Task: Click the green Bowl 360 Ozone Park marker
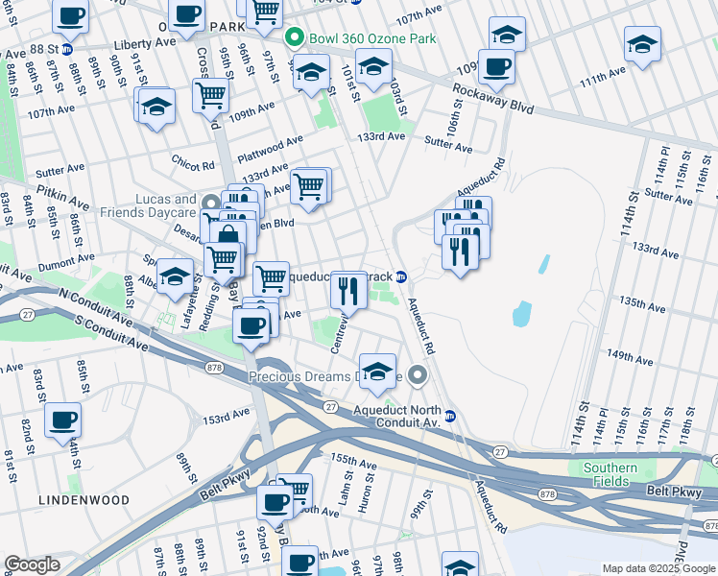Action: (295, 38)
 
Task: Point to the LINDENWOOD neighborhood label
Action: (72, 500)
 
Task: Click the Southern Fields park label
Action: (610, 474)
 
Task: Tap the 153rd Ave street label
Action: (226, 418)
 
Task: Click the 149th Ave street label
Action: (630, 360)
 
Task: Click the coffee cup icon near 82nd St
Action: (63, 420)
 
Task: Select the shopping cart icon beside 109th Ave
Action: (210, 94)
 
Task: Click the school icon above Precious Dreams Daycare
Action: (378, 371)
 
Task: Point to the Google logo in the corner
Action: (32, 564)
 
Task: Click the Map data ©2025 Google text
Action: (658, 568)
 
